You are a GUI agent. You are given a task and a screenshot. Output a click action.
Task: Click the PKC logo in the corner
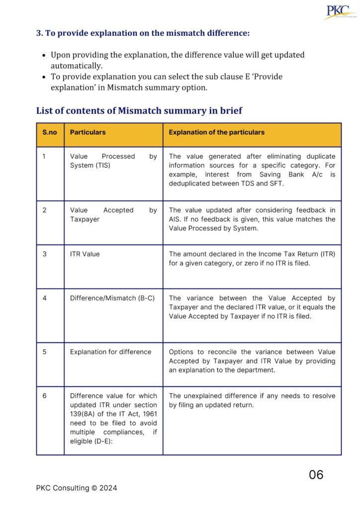(340, 12)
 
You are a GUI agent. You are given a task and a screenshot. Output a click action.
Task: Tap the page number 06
(316, 475)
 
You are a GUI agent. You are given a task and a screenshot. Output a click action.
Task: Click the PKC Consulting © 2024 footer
(77, 488)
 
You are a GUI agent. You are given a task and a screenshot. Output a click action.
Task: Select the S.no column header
(49, 133)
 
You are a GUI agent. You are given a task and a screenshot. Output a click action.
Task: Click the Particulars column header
(88, 133)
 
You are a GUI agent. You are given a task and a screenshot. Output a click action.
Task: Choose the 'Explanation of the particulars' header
(216, 133)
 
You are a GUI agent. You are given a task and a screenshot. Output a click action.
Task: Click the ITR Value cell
(85, 254)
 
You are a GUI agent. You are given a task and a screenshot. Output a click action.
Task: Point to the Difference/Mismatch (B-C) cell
(112, 298)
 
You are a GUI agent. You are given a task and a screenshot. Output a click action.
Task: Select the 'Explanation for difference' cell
(110, 352)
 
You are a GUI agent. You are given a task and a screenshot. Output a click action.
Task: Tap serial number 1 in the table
(44, 157)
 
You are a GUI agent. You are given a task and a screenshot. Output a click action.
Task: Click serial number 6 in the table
(44, 396)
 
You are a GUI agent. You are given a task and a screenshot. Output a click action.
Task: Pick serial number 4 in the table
(44, 298)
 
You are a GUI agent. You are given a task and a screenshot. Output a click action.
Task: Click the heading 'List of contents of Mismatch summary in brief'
(139, 110)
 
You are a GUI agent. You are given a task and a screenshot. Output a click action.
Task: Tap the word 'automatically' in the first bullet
(77, 66)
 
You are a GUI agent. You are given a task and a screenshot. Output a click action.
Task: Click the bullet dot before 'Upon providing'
(44, 55)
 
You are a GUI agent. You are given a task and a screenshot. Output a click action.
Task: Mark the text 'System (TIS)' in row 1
(90, 166)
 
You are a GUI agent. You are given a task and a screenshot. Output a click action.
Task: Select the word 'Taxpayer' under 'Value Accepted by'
(85, 219)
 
